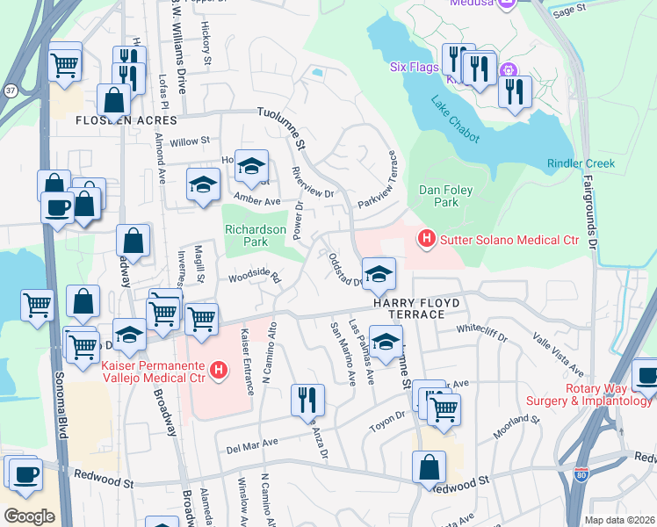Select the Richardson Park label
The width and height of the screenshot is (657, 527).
click(x=256, y=235)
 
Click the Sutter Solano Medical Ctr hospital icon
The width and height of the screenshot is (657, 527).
click(x=427, y=238)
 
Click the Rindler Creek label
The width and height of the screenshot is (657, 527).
click(x=581, y=163)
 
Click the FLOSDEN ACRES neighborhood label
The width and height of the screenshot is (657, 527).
click(x=126, y=119)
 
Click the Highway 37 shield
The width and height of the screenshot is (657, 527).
click(x=10, y=90)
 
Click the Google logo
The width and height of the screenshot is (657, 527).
click(x=29, y=516)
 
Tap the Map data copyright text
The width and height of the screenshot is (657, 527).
click(x=620, y=520)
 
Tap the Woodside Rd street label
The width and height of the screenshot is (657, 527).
click(x=254, y=276)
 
